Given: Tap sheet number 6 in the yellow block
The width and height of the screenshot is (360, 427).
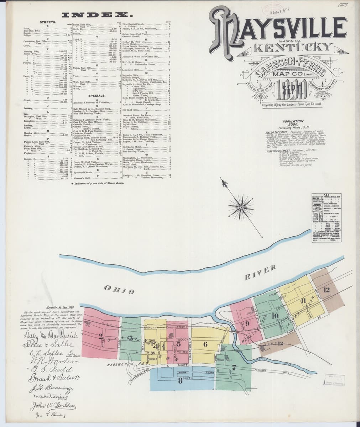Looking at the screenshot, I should pyautogui.click(x=205, y=344).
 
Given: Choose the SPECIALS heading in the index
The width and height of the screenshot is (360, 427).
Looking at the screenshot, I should pyautogui.click(x=97, y=96).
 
